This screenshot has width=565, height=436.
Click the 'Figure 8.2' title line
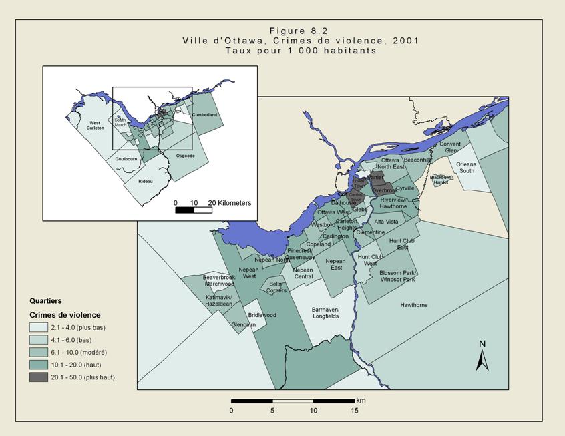pyautogui.click(x=300, y=31)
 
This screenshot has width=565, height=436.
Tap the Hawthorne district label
pyautogui.click(x=414, y=305)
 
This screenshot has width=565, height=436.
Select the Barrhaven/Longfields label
pyautogui.click(x=326, y=313)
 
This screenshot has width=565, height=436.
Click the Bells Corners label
pyautogui.click(x=278, y=287)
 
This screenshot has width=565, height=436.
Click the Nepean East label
pyautogui.click(x=336, y=264)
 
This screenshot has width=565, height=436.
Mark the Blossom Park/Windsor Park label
pyautogui.click(x=397, y=276)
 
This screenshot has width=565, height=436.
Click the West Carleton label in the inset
pyautogui.click(x=95, y=125)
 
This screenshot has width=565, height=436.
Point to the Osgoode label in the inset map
pyautogui.click(x=185, y=156)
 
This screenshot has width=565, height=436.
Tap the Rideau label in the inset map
pyautogui.click(x=146, y=181)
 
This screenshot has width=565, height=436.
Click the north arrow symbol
pyautogui.click(x=482, y=356)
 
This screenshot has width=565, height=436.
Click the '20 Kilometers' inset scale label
pyautogui.click(x=229, y=202)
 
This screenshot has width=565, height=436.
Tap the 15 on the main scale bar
pyautogui.click(x=354, y=411)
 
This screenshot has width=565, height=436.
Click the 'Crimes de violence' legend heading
pyautogui.click(x=64, y=315)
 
